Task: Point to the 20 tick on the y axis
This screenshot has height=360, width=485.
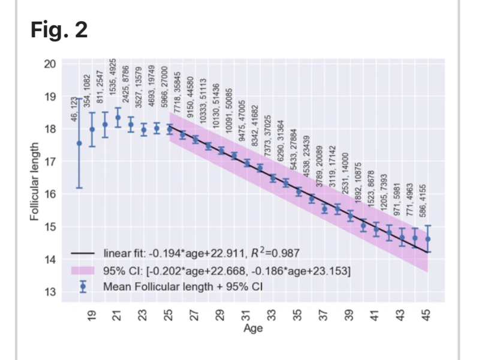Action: (50, 64)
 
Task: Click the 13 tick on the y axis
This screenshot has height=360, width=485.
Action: (50, 292)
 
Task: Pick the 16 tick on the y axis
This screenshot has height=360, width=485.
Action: (50, 194)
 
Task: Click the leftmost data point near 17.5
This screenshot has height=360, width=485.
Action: (79, 143)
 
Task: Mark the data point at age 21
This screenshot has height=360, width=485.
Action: (118, 118)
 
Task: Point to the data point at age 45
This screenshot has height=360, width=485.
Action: (427, 239)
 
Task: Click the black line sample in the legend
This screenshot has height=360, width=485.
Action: (84, 253)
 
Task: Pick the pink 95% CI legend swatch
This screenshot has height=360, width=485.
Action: (84, 269)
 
